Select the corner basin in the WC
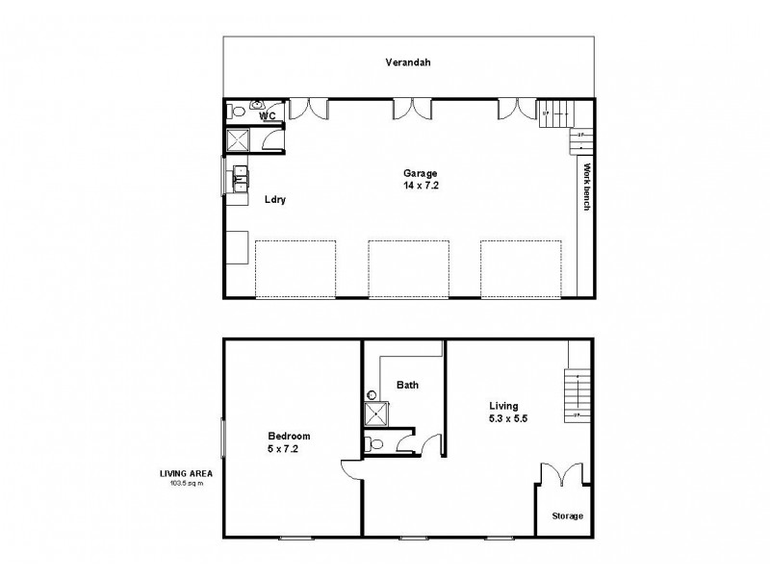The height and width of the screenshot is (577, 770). [x=258, y=105]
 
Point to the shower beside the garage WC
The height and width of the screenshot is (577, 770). [x=239, y=140]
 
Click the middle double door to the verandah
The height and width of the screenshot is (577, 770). [x=411, y=108]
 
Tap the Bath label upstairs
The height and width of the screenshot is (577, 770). [x=407, y=385]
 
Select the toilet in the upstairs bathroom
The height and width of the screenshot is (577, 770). [x=375, y=443]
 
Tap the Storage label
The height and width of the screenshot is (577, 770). [x=567, y=516]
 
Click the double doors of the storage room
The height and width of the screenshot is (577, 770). [x=559, y=477]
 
